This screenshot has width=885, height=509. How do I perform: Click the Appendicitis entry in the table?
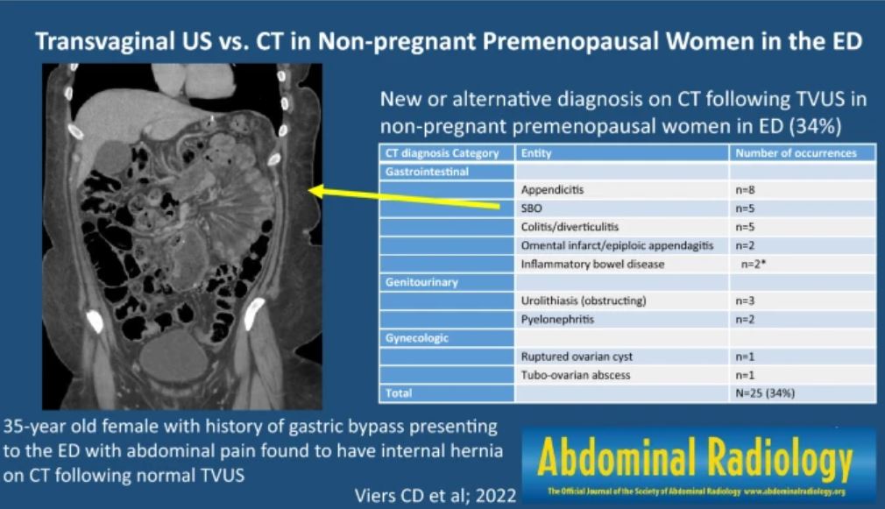pyautogui.click(x=552, y=189)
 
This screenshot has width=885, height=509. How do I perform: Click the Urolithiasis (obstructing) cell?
pyautogui.click(x=583, y=301)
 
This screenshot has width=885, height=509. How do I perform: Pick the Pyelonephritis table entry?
pyautogui.click(x=557, y=320)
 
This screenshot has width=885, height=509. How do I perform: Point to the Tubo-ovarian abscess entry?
pyautogui.click(x=575, y=375)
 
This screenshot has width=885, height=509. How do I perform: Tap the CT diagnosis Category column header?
pyautogui.click(x=442, y=152)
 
